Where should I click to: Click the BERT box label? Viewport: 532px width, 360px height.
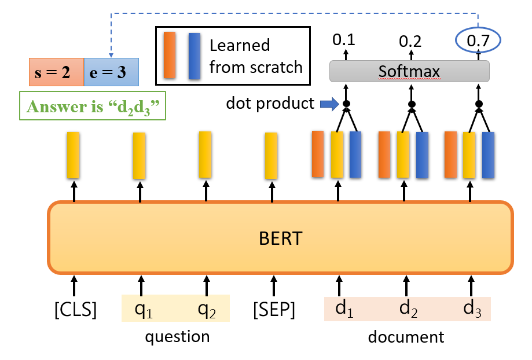click(280, 238)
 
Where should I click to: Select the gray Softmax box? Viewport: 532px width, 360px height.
click(409, 71)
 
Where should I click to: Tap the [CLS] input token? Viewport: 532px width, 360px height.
click(75, 310)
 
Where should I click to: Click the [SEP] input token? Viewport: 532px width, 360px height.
click(274, 310)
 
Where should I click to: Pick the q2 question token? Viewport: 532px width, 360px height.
click(207, 310)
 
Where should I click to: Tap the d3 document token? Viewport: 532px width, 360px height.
click(472, 310)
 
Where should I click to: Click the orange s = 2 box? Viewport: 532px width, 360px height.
click(57, 72)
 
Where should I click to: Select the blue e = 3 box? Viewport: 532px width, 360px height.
click(111, 72)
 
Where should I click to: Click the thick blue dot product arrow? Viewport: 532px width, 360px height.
click(327, 104)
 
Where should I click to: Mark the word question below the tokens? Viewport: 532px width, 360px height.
click(177, 336)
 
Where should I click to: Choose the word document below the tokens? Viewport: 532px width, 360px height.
click(406, 336)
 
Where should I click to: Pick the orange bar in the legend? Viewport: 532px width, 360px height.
click(170, 56)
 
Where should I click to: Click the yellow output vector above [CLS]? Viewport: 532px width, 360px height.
click(73, 155)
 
